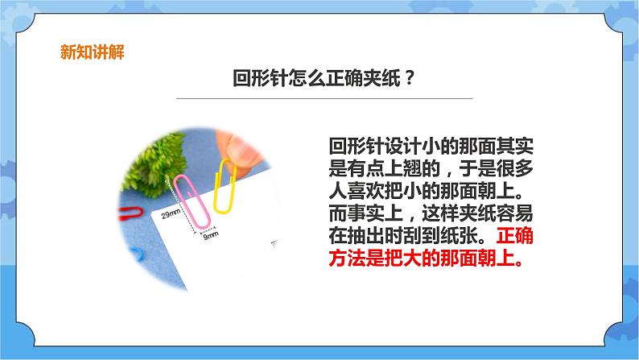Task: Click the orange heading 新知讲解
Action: coord(93,53)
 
